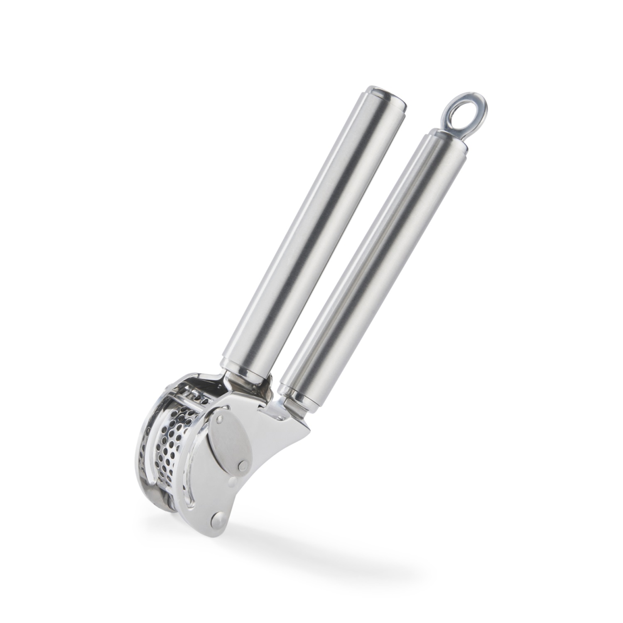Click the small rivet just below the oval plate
[233, 481]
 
